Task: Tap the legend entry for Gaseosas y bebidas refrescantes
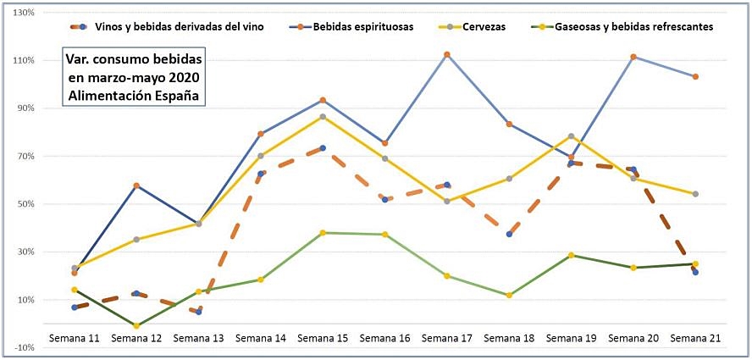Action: point(633,26)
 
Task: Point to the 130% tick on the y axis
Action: point(22,13)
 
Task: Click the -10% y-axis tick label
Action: point(22,347)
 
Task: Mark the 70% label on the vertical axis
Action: point(24,157)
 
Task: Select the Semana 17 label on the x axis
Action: point(446,338)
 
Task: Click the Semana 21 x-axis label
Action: point(695,338)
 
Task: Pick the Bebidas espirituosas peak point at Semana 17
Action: point(447,55)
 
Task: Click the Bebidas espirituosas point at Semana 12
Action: point(136,186)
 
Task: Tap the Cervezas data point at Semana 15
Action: point(323,117)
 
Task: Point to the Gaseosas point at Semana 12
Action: point(136,325)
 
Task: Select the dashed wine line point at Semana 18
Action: point(509,234)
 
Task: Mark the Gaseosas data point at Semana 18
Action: point(509,296)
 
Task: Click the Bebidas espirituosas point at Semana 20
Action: point(633,57)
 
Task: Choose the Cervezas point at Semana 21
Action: point(695,194)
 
